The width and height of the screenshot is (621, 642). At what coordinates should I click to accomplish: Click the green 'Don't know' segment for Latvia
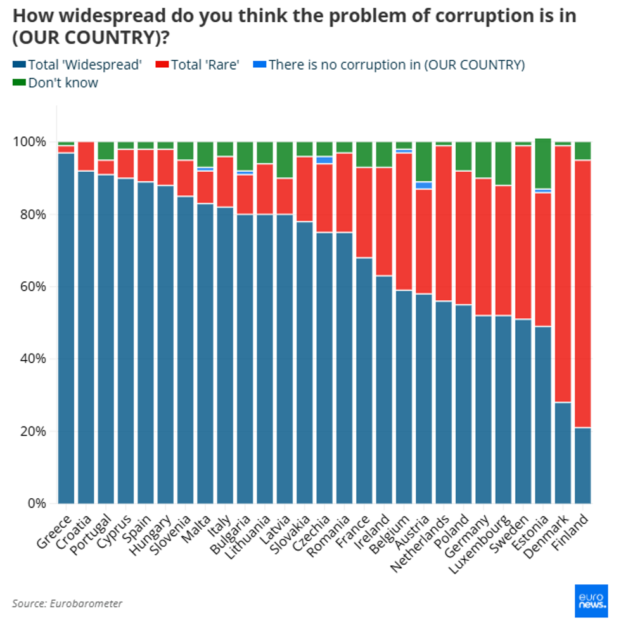(285, 160)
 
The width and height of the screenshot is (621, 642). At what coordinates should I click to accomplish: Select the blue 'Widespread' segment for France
(364, 380)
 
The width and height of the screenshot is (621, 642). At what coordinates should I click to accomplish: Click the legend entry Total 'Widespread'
(77, 65)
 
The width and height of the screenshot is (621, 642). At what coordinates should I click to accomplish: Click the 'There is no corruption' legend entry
(389, 65)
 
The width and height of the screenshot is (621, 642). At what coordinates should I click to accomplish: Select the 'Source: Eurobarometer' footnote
(67, 603)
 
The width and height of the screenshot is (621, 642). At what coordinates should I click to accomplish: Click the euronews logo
(591, 601)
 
